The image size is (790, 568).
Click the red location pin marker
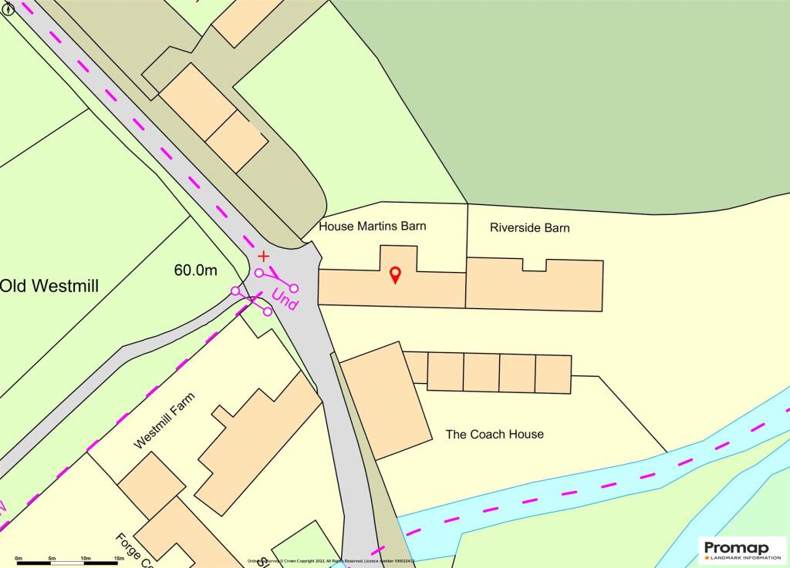pos(395,274)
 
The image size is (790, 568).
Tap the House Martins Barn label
pos(373,227)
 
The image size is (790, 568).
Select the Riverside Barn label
pos(530,227)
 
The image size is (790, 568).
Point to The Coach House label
pos(495,434)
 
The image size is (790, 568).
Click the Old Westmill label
pos(49,287)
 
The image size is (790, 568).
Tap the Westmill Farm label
pos(164,421)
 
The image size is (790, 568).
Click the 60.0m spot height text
pos(196,270)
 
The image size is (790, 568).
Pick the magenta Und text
pos(284,300)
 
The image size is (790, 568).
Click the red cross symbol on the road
pos(264,255)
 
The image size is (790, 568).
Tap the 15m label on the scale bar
pos(119,558)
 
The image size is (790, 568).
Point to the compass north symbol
pos(8,9)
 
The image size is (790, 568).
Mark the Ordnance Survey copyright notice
pos(332,561)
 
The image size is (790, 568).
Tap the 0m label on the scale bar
pos(19,558)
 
